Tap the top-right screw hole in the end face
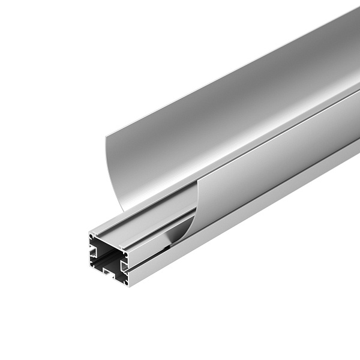[x=125, y=254]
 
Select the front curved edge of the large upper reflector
[x=110, y=174]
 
